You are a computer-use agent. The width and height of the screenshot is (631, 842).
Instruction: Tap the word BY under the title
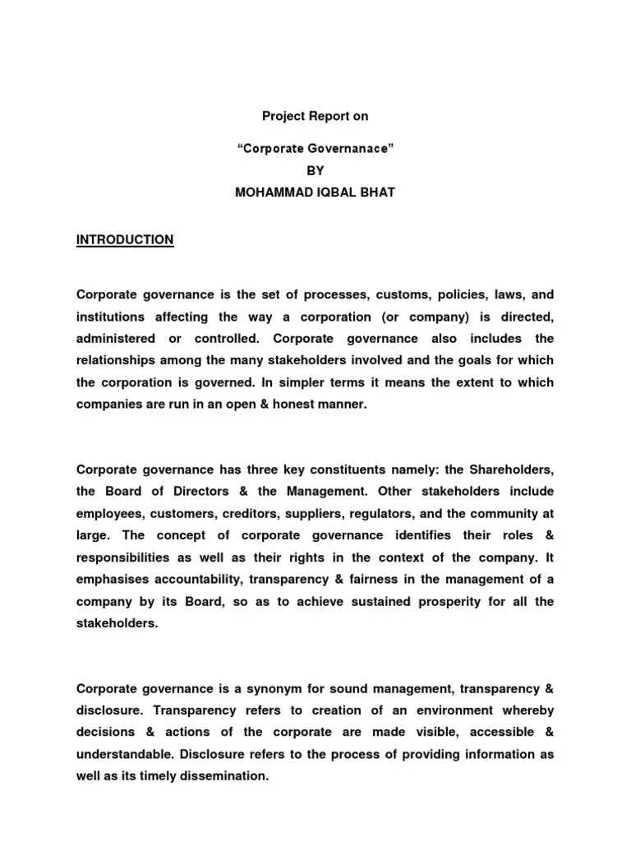(x=315, y=171)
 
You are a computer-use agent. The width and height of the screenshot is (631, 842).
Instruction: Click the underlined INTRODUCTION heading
(x=125, y=239)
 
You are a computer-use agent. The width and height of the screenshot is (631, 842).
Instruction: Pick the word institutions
(x=111, y=316)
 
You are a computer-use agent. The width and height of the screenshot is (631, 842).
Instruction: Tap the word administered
(x=116, y=338)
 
